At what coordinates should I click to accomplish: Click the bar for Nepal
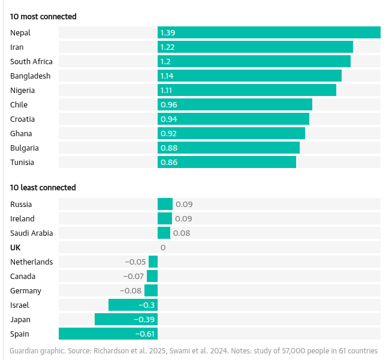269,32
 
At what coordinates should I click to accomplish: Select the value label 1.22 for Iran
168,47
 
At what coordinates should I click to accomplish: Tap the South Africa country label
31,61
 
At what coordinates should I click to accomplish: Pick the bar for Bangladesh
249,76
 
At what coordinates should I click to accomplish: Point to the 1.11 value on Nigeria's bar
167,90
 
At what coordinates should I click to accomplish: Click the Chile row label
19,104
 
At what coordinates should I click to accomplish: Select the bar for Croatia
233,119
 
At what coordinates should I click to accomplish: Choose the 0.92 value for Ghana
168,133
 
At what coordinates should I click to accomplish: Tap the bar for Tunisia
227,162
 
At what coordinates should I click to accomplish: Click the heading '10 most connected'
43,17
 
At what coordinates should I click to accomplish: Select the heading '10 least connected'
43,188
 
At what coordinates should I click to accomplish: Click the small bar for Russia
165,204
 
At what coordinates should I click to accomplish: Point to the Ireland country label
22,218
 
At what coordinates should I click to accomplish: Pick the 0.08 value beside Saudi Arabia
181,233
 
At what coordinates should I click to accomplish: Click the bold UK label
16,247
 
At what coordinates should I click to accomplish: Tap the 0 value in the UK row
163,247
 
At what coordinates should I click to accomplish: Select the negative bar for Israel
132,305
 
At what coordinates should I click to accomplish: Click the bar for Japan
126,319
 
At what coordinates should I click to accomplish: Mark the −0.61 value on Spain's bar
144,334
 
